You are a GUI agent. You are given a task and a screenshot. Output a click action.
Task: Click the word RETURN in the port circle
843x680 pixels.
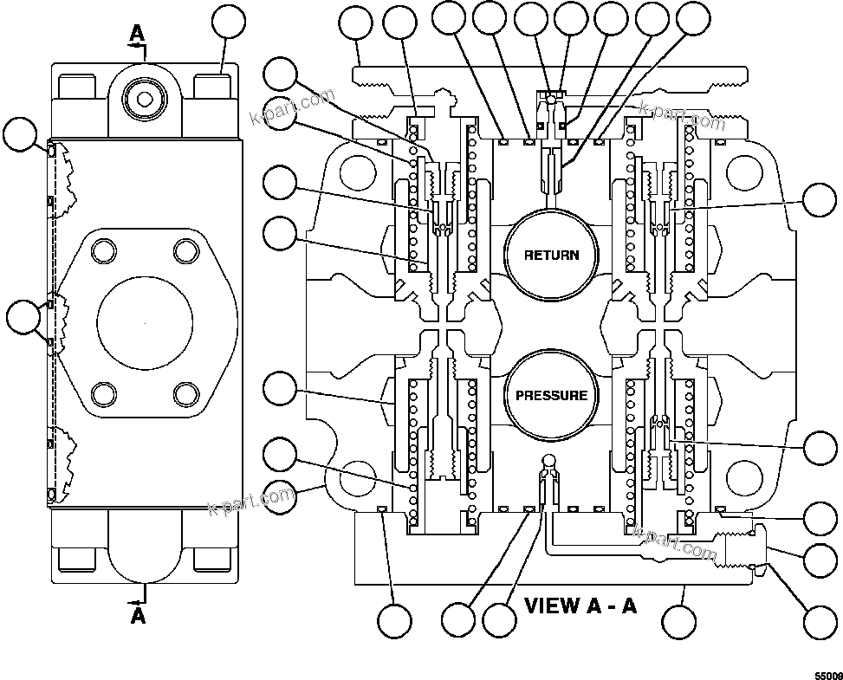[x=551, y=255]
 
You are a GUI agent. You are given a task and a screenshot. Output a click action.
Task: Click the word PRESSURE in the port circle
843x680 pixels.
[x=551, y=396]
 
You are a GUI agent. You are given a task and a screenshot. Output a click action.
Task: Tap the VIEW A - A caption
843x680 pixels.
[x=580, y=605]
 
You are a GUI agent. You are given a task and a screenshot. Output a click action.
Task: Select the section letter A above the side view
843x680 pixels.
[x=136, y=33]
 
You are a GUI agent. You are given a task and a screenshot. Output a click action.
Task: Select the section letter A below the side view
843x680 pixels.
[x=138, y=616]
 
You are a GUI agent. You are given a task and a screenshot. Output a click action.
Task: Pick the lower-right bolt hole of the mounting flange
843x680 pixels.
[x=185, y=394]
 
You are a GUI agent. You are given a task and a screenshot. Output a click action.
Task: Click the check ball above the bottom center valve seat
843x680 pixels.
[x=548, y=459]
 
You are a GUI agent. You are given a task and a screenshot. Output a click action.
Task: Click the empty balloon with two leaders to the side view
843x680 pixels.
[x=22, y=317]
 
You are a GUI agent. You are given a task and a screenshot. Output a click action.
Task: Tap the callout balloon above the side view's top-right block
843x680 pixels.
[x=230, y=25]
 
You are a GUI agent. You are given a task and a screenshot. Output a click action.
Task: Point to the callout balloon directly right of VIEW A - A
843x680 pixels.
[x=679, y=620]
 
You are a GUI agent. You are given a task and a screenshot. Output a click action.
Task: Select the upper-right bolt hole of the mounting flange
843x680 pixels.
[x=185, y=251]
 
